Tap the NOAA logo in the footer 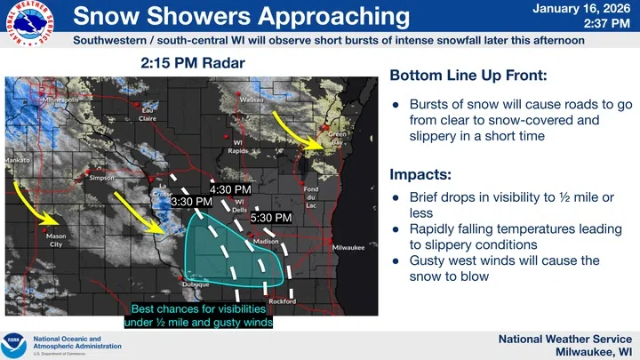pyautogui.click(x=15, y=343)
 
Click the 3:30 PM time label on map pyautogui.click(x=191, y=203)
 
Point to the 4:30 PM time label pyautogui.click(x=230, y=189)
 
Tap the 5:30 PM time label pyautogui.click(x=271, y=217)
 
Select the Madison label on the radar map pyautogui.click(x=266, y=241)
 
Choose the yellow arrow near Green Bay pyautogui.click(x=294, y=129)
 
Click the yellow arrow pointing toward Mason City pyautogui.click(x=37, y=204)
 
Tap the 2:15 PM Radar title pyautogui.click(x=192, y=64)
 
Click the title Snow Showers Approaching pyautogui.click(x=241, y=17)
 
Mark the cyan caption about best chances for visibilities pyautogui.click(x=201, y=316)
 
